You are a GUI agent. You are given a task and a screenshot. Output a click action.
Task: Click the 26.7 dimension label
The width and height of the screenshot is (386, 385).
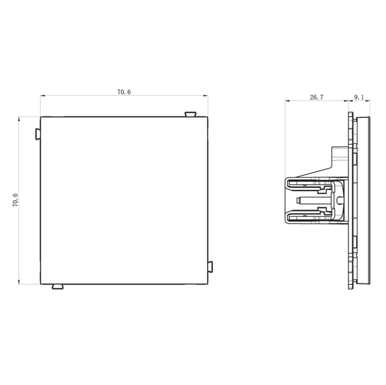click(x=317, y=97)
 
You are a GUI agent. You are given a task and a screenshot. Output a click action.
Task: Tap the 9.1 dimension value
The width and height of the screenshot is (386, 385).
click(x=359, y=97)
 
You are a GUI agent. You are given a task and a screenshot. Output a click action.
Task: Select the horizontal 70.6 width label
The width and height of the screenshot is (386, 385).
click(x=124, y=92)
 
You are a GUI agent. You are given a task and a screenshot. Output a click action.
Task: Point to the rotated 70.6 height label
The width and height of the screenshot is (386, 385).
click(x=15, y=200)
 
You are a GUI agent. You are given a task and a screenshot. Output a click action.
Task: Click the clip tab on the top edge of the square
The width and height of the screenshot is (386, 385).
click(x=190, y=114)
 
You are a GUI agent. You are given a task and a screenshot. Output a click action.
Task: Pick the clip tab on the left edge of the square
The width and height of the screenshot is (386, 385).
click(x=38, y=134)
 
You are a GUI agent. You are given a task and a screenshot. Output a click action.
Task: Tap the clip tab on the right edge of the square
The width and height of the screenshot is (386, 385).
click(x=210, y=267)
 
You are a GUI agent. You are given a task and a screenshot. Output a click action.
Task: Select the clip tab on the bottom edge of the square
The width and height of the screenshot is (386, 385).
click(x=58, y=287)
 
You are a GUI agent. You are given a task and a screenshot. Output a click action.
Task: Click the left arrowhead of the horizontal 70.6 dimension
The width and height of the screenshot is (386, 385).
click(x=43, y=96)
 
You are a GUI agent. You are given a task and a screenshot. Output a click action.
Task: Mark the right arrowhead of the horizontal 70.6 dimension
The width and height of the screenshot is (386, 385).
click(x=206, y=96)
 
